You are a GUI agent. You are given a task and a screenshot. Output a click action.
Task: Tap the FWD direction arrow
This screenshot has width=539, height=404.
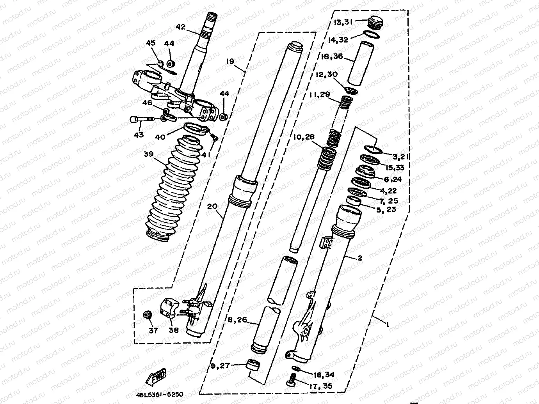point(156,376)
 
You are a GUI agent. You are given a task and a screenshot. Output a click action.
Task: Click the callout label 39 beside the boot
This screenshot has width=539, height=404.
point(148,154)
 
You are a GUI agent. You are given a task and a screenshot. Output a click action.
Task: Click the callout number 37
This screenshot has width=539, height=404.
point(153,331)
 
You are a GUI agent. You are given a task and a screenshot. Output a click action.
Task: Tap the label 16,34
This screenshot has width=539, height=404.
point(324,375)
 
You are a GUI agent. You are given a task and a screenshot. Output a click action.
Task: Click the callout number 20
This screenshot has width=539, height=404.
point(212,206)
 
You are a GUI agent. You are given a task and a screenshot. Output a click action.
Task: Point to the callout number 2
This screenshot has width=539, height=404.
point(360,258)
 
